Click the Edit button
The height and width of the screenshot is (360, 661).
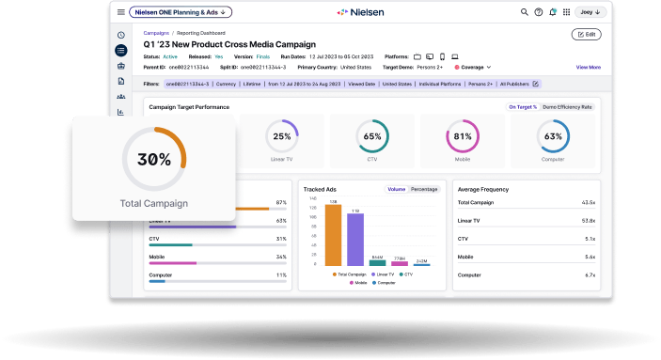pos(586,34)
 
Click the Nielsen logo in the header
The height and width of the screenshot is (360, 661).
pos(359,12)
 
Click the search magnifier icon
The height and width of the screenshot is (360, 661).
pos(525,12)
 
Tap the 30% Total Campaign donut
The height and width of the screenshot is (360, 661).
pos(153,160)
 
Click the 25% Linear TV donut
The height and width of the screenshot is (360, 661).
pos(281,136)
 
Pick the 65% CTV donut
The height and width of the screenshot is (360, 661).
pos(371,136)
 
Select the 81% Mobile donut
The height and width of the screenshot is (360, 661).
pos(462,136)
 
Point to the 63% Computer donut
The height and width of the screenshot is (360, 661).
pos(553,136)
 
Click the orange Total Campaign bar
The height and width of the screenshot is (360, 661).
pos(332,236)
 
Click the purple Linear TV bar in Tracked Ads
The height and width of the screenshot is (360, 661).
pos(354,240)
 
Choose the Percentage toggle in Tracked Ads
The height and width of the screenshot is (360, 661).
pos(424,189)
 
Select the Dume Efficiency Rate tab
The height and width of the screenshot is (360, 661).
pos(568,107)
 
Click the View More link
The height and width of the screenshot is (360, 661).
pos(588,67)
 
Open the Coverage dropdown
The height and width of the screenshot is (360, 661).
pos(473,67)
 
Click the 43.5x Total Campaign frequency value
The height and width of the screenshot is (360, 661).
pos(589,202)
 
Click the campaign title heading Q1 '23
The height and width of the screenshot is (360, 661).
pos(229,44)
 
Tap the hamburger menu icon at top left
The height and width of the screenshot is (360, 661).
pos(120,12)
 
